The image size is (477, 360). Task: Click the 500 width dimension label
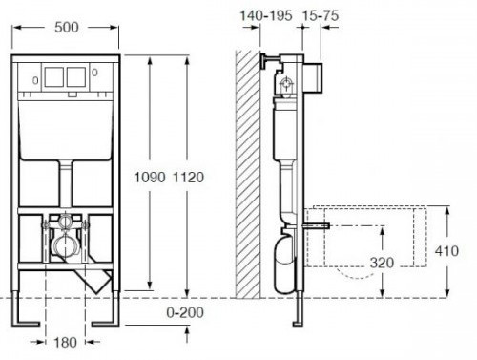[67, 28]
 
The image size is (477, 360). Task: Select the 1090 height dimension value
[150, 178]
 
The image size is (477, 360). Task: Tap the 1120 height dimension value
[188, 178]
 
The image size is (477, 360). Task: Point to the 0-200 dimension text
[185, 312]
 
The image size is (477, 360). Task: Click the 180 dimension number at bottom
[65, 343]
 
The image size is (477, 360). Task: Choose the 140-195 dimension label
[266, 15]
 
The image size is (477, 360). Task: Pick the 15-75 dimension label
[321, 15]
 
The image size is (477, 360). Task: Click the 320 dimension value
[382, 263]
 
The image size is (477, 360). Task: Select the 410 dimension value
[446, 251]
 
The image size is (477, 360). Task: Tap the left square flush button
[54, 77]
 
